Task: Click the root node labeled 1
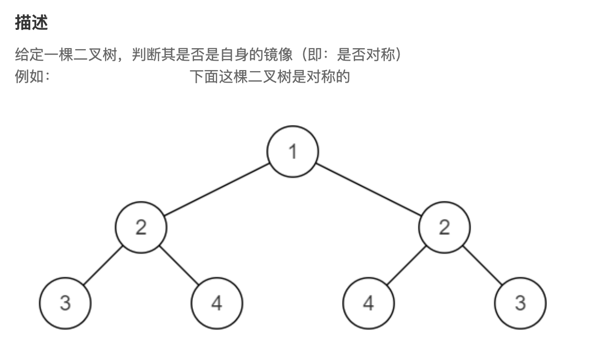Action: point(293,151)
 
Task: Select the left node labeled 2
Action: point(141,227)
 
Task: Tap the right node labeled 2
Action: point(444,227)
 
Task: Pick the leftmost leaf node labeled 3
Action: point(65,303)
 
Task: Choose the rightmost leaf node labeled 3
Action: point(520,303)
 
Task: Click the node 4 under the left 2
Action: point(217,303)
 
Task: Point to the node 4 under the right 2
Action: point(369,303)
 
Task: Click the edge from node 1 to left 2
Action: point(217,189)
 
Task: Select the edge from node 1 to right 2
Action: point(369,189)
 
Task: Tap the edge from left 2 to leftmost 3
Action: point(103,265)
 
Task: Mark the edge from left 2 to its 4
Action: point(179,265)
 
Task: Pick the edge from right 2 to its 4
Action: point(406,265)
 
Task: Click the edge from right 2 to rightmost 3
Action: point(483,265)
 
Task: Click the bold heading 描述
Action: point(31,22)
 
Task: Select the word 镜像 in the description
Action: point(278,55)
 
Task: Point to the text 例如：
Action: point(33,76)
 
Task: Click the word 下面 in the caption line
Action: point(204,76)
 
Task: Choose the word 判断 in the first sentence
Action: point(146,55)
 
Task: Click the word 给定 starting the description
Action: point(29,55)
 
